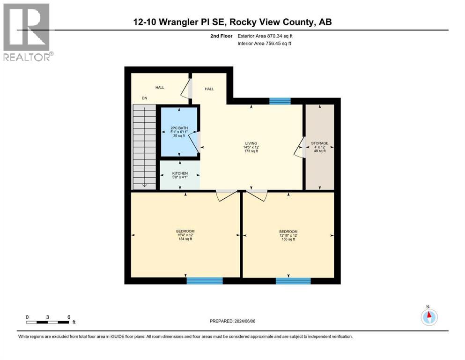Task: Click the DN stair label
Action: (144, 98)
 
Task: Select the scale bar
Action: (48, 322)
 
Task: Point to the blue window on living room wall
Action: (280, 101)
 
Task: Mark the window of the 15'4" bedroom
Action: (205, 281)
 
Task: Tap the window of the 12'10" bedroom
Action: (293, 281)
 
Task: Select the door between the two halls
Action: (190, 88)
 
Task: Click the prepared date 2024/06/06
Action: (233, 321)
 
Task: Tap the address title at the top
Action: (233, 22)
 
